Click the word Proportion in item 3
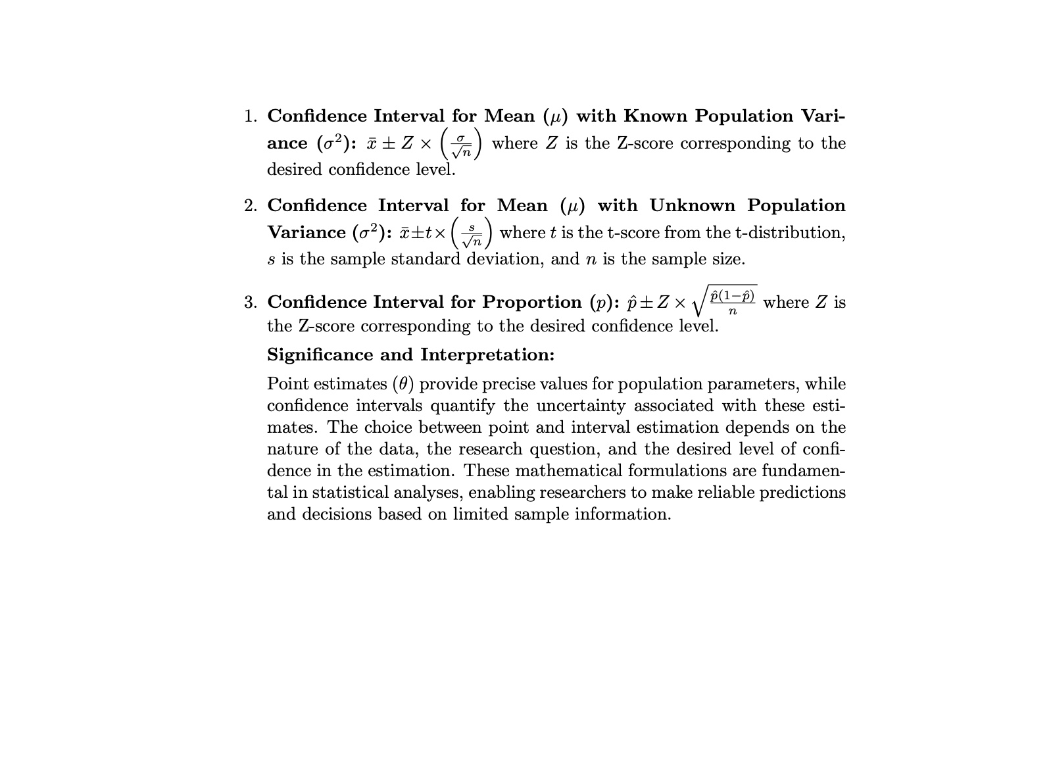click(x=531, y=303)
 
